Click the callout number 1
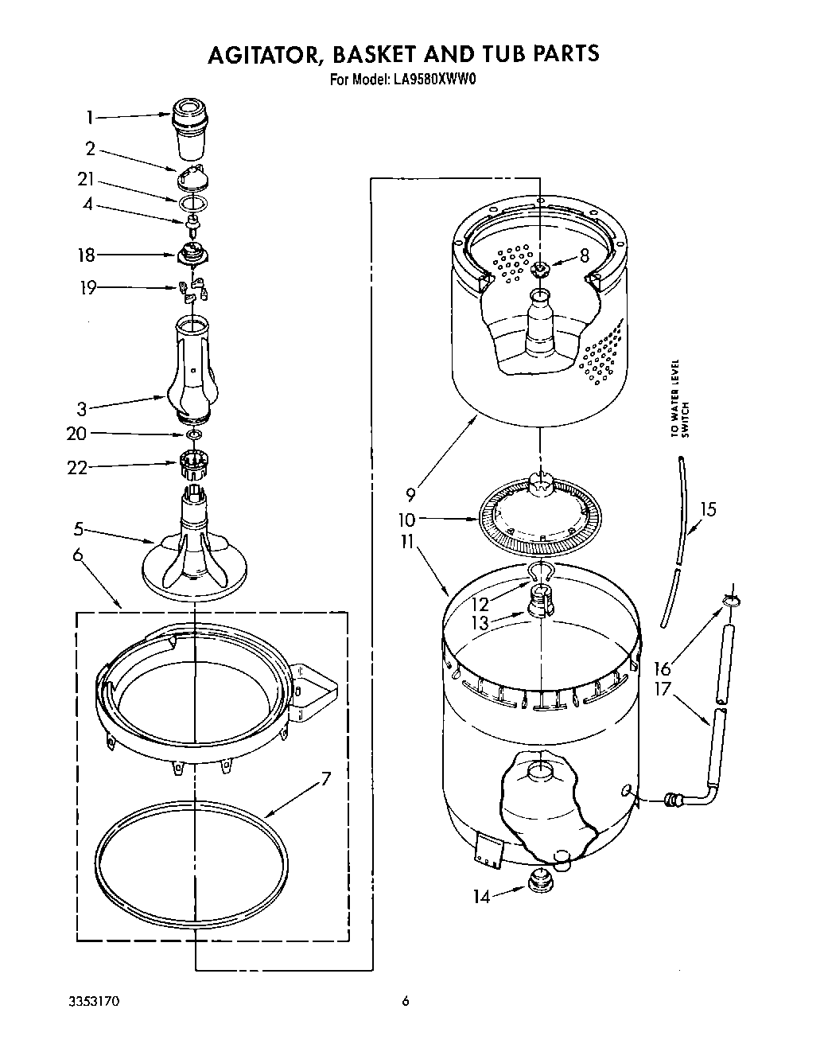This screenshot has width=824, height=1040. click(x=90, y=118)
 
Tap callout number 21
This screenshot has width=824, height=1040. click(x=86, y=179)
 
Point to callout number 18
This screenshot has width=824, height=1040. click(x=86, y=255)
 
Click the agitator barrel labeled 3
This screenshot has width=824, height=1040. click(x=191, y=366)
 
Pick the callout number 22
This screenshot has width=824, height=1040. click(x=77, y=468)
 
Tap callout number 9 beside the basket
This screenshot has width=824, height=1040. click(x=410, y=494)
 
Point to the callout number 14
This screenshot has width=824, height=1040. click(x=482, y=896)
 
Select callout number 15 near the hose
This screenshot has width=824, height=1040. click(x=707, y=508)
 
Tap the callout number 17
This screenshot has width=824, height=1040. click(x=663, y=689)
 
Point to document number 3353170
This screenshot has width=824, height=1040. click(x=95, y=1001)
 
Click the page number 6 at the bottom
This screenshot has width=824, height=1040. click(x=405, y=1001)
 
